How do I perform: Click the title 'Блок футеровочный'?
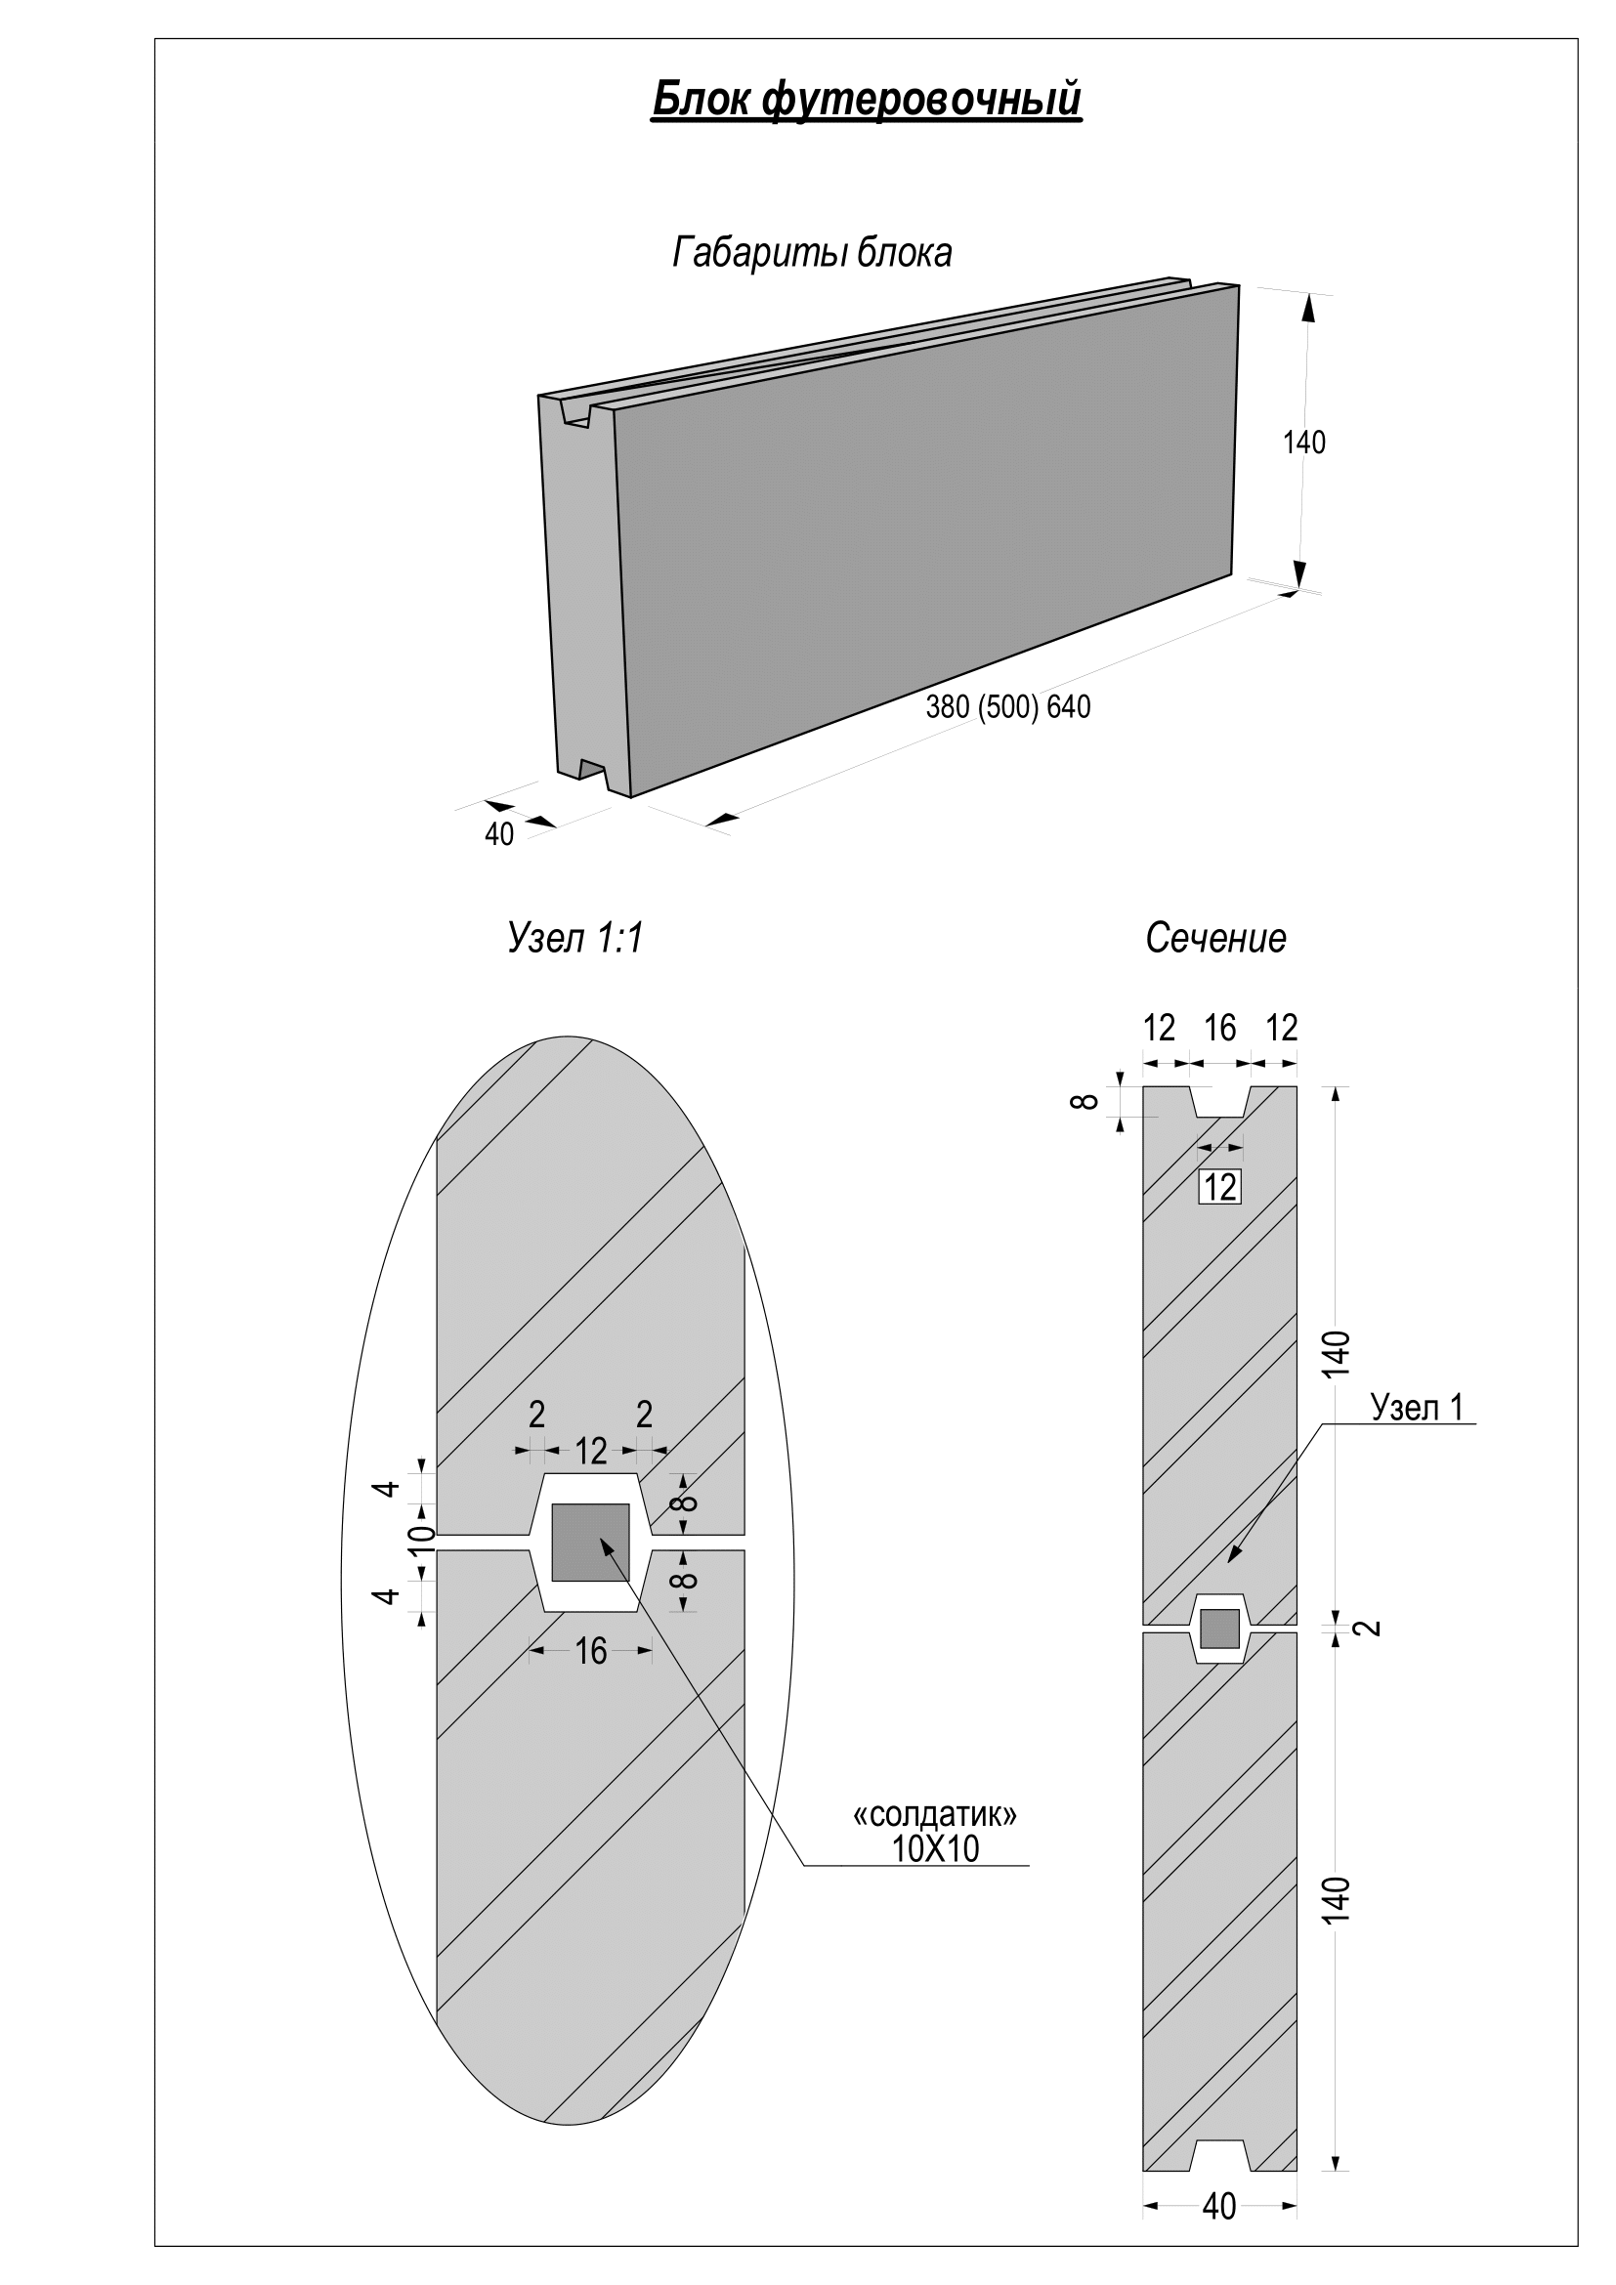(866, 101)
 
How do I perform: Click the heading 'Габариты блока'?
(812, 253)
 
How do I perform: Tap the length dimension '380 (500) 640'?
(1008, 707)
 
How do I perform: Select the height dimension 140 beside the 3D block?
(1303, 443)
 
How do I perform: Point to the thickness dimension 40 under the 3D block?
(498, 835)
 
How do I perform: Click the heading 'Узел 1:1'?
(575, 939)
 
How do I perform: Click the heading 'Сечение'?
(1215, 939)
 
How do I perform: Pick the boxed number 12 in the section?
(1220, 1187)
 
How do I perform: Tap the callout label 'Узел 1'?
(1417, 1407)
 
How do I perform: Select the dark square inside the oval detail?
(590, 1542)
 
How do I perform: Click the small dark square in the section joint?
(1220, 1629)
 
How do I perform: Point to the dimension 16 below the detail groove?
(591, 1652)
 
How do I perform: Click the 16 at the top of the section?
(1220, 1028)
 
